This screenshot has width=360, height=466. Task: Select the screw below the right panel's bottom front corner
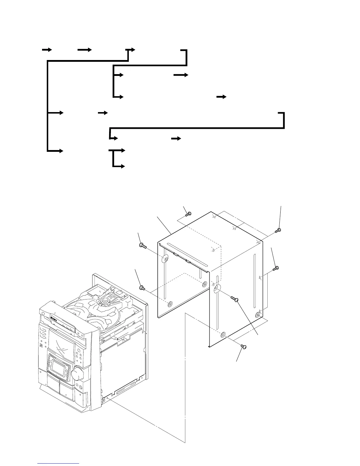(x=244, y=347)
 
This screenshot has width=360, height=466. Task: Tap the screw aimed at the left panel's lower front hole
(x=142, y=287)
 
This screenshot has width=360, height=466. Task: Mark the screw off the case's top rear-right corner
(x=278, y=230)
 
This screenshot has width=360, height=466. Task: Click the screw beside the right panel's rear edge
(x=276, y=268)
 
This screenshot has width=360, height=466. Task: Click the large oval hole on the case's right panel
(x=217, y=288)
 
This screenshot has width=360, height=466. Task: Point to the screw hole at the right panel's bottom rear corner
(x=258, y=315)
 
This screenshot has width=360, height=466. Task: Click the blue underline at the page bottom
(x=58, y=464)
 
